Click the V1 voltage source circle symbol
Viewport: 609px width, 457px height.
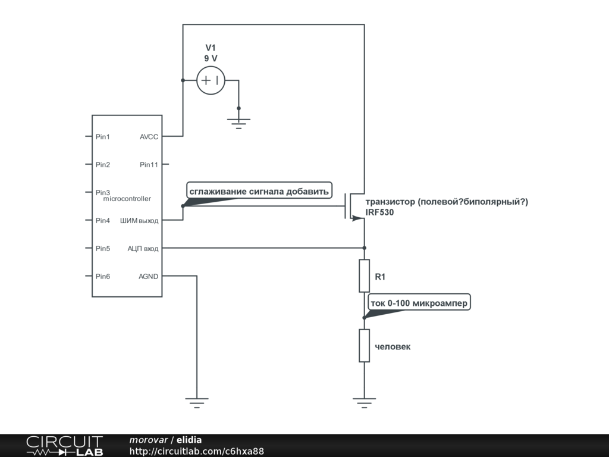point(211,80)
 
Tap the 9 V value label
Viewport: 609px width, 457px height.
point(211,58)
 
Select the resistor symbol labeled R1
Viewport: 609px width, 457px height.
point(364,276)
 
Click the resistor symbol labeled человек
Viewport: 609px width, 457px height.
point(364,346)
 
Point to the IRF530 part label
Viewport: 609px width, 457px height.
point(379,212)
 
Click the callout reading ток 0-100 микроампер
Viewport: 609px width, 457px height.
point(419,303)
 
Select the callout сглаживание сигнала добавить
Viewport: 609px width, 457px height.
point(258,192)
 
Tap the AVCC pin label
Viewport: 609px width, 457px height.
point(149,137)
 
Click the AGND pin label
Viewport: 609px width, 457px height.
point(149,276)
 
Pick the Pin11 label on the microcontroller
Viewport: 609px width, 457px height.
point(149,165)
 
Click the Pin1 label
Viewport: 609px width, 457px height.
point(103,137)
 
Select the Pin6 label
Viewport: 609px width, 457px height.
point(103,276)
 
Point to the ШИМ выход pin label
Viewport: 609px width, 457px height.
point(140,221)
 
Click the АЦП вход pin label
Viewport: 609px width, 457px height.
point(143,248)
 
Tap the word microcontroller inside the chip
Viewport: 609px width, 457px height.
point(127,199)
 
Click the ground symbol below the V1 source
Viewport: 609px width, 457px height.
point(239,122)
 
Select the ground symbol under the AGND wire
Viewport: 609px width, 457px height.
point(196,402)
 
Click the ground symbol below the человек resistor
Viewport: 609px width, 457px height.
point(364,402)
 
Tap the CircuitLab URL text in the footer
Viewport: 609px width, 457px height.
point(196,452)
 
